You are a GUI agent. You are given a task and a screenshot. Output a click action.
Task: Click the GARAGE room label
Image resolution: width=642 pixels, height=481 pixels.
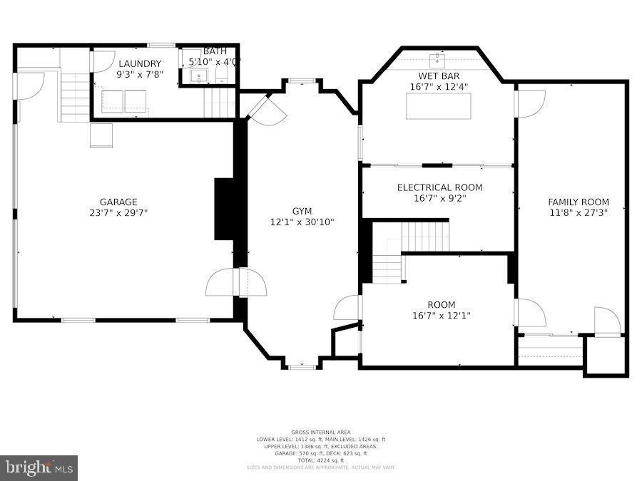(x=118, y=202)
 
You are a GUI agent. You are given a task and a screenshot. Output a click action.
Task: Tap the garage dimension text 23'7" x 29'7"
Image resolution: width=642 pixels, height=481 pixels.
(x=118, y=212)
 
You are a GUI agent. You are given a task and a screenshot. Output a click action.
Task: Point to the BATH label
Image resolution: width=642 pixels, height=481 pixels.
(x=214, y=51)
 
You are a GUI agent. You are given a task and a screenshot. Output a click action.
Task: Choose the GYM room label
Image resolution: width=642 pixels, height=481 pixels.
(x=302, y=211)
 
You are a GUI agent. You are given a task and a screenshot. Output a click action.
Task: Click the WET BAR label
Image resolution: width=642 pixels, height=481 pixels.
(x=439, y=76)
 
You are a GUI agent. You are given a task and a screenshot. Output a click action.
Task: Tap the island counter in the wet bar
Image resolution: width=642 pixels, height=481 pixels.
(x=439, y=105)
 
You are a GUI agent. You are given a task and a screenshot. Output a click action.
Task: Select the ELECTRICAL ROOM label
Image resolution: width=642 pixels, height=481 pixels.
(x=439, y=187)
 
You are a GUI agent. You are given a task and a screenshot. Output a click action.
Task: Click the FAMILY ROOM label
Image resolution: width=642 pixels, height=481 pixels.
(x=579, y=202)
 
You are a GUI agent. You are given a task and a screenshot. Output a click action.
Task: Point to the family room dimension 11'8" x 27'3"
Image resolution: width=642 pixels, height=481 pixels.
(x=579, y=212)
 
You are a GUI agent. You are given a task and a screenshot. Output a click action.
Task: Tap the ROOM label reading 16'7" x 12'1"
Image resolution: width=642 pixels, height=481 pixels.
(x=441, y=305)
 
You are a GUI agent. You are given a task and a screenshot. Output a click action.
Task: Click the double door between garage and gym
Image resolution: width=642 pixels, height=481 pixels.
(x=237, y=282)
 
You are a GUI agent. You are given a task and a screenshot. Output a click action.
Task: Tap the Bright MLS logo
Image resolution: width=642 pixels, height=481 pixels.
(x=39, y=468)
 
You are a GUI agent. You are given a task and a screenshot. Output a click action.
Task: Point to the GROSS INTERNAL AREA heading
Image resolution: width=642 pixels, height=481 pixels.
(x=320, y=433)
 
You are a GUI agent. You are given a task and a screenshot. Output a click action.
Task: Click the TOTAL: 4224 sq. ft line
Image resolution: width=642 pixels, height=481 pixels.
(x=320, y=460)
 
